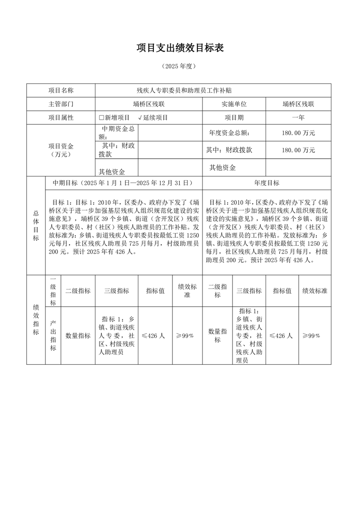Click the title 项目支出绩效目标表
[x=180, y=48]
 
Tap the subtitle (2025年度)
[x=180, y=66]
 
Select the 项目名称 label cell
[x=61, y=91]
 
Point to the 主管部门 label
[x=61, y=104]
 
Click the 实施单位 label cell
[x=234, y=104]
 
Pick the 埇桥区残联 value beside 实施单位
[x=298, y=104]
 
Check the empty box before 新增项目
[x=101, y=117]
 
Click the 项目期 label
[x=234, y=117]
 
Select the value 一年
[x=298, y=117]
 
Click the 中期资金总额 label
[x=117, y=132]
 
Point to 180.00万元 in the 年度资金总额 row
[x=298, y=133]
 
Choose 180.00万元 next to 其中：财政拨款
[x=298, y=150]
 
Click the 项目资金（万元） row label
[x=61, y=150]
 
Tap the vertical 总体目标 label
[x=36, y=225]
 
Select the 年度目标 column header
[x=266, y=183]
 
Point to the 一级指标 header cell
[x=53, y=291]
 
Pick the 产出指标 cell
[x=53, y=336]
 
